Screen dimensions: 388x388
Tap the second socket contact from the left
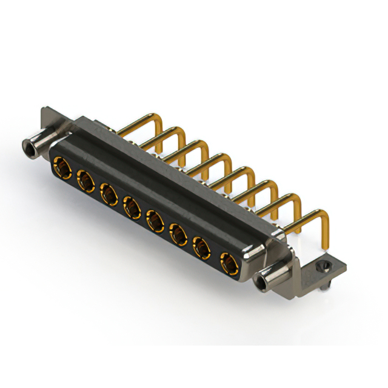tap(85, 180)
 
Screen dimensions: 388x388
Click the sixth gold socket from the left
tap(178, 235)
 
